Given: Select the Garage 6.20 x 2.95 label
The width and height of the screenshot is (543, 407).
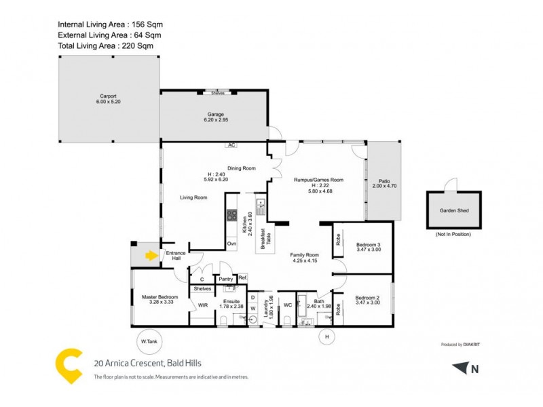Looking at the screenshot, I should tap(217, 117).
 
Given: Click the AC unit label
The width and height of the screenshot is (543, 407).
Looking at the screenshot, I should tap(231, 145).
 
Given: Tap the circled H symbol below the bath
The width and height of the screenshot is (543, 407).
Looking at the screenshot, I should tap(326, 336).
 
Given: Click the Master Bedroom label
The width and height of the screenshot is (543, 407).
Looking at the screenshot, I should tap(160, 300).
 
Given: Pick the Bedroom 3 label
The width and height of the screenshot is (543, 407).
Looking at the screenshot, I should tap(369, 247).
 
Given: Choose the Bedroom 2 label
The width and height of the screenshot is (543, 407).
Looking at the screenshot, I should tap(369, 300).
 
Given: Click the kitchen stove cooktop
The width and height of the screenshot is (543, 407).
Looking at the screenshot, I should tap(231, 216).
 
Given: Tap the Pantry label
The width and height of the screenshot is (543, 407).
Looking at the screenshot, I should tap(225, 278).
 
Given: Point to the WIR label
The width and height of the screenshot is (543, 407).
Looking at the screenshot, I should tap(202, 305).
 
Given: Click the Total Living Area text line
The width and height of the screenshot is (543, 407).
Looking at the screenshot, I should tap(105, 45).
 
